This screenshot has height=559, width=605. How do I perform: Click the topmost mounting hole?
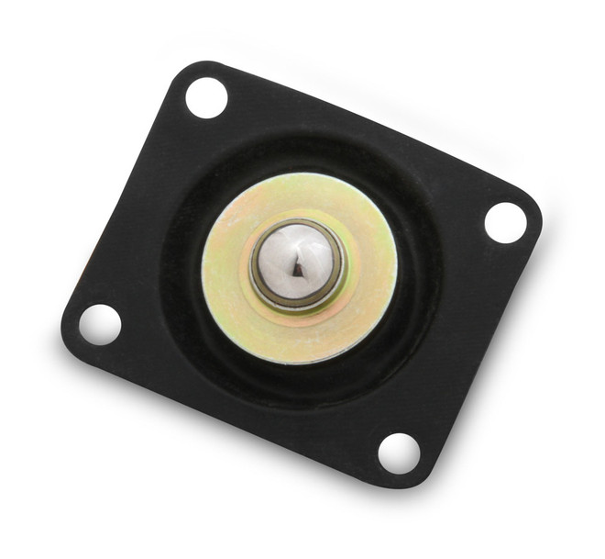tap(206, 96)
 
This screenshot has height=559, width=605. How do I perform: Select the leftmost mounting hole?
tap(99, 323)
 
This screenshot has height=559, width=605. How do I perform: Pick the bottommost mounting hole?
tap(399, 453)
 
